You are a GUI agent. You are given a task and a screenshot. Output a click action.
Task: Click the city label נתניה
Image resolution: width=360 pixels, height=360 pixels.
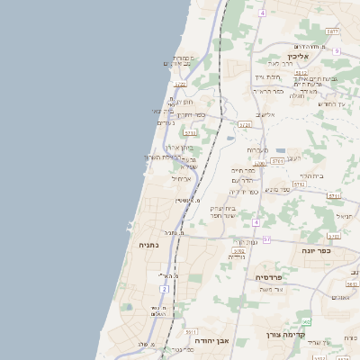pyautogui.click(x=148, y=244)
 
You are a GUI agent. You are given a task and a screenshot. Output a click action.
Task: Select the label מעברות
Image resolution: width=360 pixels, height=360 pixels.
pyautogui.click(x=257, y=149)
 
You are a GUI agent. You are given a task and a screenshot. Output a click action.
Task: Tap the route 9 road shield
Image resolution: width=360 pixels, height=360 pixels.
pyautogui.click(x=335, y=51)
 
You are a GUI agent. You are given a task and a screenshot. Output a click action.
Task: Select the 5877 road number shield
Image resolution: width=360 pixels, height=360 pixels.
pyautogui.click(x=333, y=31)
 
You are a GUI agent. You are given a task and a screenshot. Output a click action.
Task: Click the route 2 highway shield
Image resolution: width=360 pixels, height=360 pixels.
pyautogui.click(x=165, y=288)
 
